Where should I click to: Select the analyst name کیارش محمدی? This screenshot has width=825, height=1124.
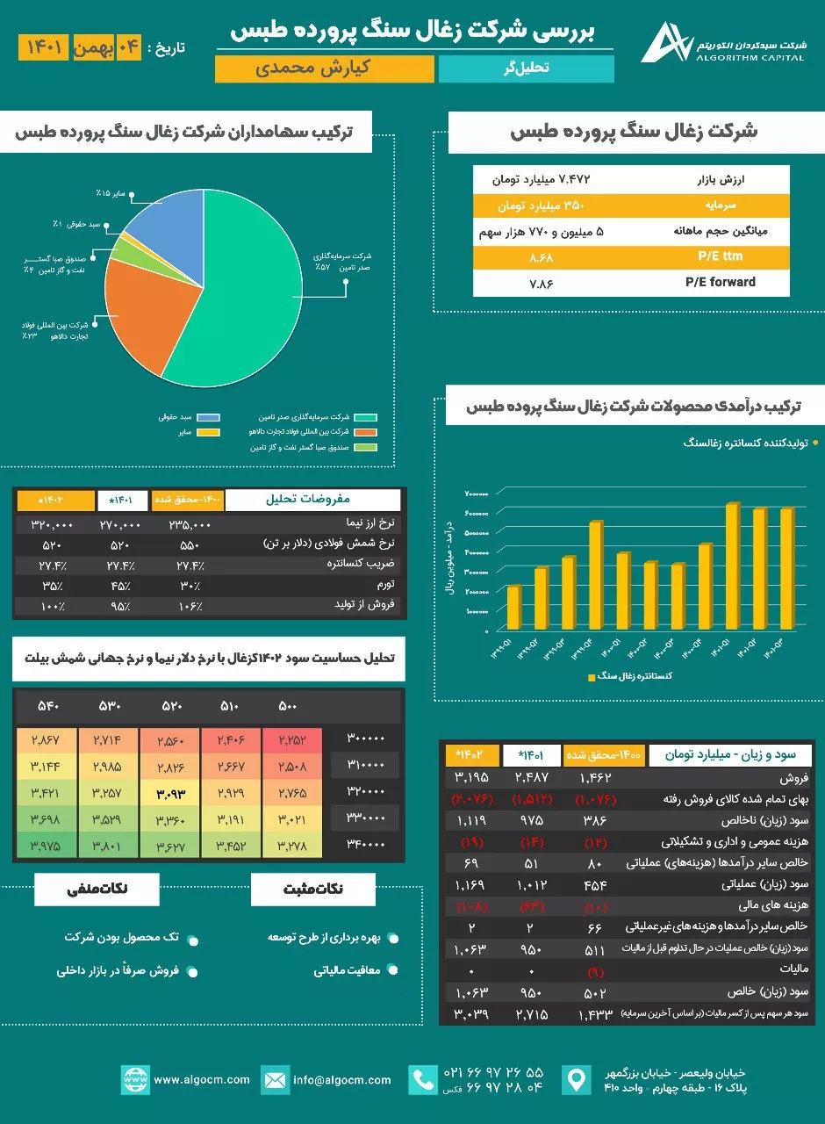point(325,68)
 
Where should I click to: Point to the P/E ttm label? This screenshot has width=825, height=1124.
point(720,257)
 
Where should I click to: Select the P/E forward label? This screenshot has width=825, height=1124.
point(720,283)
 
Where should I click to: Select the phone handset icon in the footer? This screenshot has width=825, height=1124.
point(423,1079)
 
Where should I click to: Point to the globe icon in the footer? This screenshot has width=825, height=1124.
point(135,1079)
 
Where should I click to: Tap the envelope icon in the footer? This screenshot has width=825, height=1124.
point(276,1079)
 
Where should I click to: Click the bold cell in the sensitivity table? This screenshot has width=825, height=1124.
point(170,795)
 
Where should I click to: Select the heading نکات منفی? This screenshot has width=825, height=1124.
point(97,890)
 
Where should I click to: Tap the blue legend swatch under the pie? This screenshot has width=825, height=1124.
point(208,417)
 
